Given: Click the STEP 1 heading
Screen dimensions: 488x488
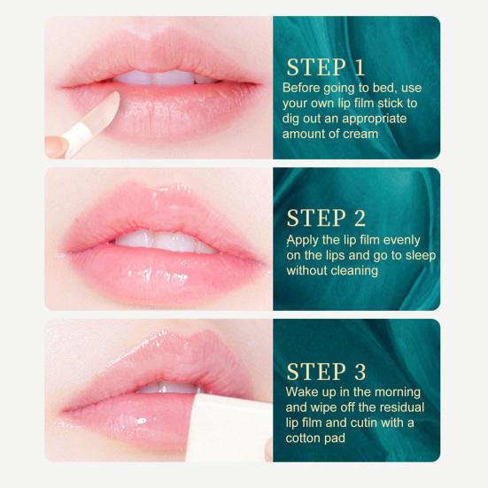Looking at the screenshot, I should pos(325,67).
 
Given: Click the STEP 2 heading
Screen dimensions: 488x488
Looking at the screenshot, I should pos(326,219).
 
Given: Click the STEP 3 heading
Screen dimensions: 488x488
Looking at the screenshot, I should pos(326,370).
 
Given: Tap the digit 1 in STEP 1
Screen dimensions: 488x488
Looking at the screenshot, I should pos(359,67).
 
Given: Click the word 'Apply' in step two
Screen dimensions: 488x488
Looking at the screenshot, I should pos(302,240).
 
